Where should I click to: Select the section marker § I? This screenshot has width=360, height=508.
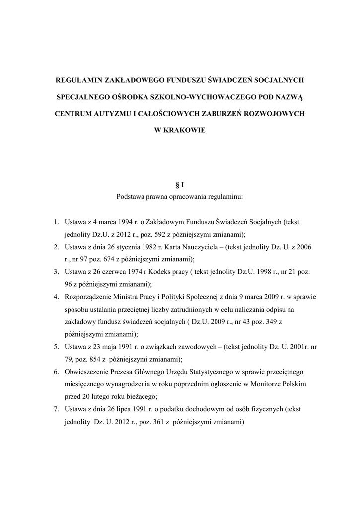(180, 185)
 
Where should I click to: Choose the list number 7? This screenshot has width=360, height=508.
(57, 409)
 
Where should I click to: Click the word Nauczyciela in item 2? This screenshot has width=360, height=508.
(196, 247)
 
